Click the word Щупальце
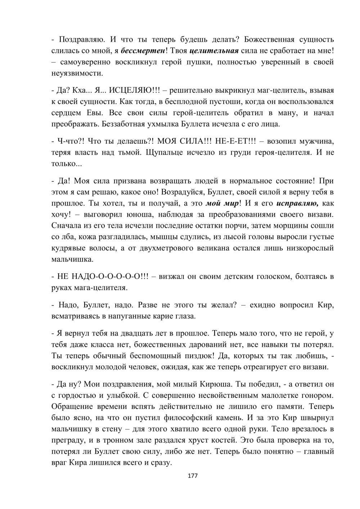coord(165,152)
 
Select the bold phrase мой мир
coord(222,203)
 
